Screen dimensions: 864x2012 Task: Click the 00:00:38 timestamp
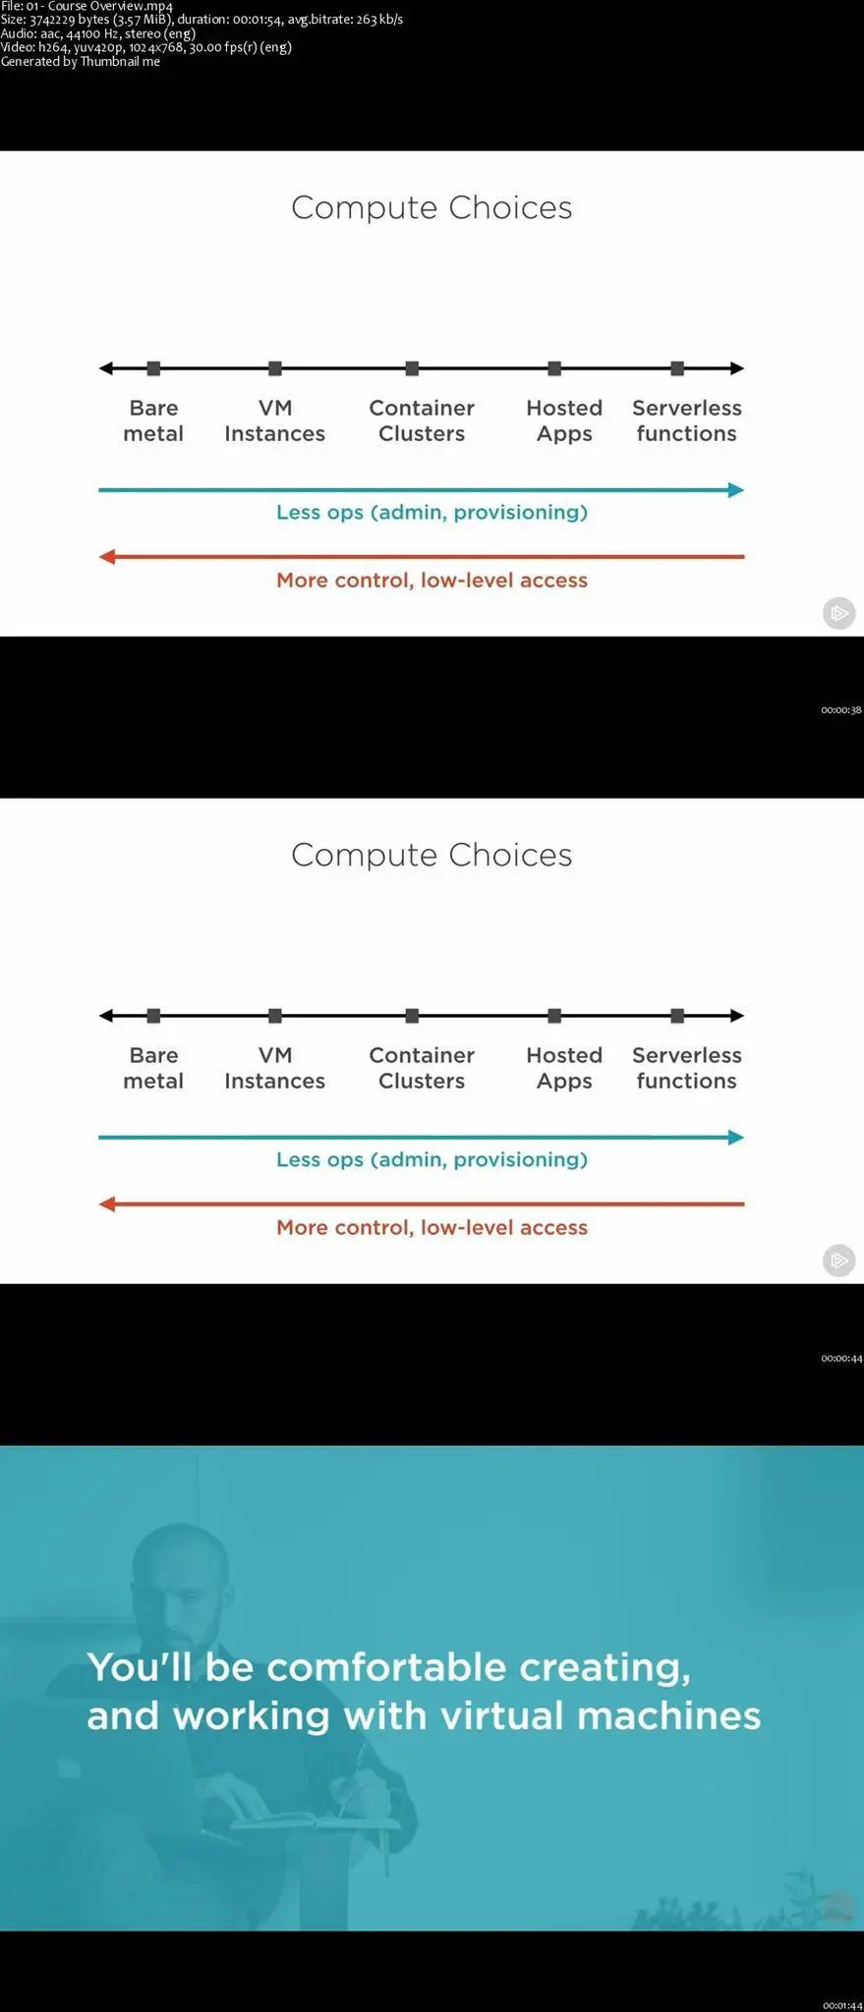841,709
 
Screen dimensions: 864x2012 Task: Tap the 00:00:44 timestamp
841,1358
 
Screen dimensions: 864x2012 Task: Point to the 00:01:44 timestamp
841,2005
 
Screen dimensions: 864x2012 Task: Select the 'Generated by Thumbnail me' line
80,61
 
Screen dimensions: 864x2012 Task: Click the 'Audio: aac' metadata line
98,33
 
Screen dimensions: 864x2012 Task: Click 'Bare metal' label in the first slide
153,420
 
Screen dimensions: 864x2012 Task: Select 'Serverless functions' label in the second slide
686,1068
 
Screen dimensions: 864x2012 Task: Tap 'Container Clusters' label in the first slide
422,420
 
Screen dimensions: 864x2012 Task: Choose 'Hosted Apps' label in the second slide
564,1068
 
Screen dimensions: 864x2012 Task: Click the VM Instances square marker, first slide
275,368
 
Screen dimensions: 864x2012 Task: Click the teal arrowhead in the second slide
735,1138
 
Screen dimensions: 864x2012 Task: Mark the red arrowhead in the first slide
107,557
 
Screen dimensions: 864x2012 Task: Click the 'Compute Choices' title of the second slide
432,855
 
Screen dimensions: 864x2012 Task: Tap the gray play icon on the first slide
838,613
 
